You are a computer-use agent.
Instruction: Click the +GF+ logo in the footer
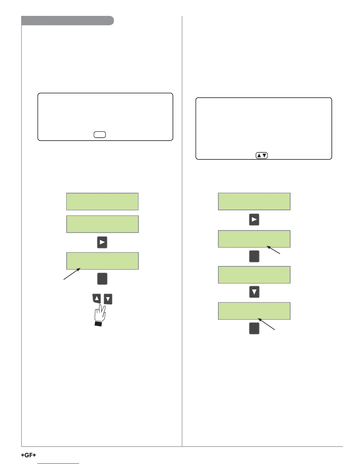[29, 455]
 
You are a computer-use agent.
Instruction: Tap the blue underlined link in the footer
[59, 463]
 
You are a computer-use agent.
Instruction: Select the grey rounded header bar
[67, 21]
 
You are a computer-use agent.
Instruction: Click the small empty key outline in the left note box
[100, 135]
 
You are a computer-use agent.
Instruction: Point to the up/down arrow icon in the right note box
[262, 155]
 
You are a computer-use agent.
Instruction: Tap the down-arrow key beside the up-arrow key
[108, 299]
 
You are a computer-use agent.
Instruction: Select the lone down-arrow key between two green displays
[254, 292]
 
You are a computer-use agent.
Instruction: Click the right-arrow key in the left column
[102, 242]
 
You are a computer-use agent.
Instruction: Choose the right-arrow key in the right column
[254, 219]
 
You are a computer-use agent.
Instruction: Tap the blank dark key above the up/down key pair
[102, 279]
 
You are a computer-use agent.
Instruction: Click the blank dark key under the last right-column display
[254, 328]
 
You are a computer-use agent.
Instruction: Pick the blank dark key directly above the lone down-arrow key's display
[254, 256]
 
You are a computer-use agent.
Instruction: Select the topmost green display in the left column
[102, 202]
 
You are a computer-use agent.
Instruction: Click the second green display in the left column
[102, 224]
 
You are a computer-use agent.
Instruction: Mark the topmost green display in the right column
[254, 202]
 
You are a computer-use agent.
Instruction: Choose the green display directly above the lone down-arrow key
[254, 275]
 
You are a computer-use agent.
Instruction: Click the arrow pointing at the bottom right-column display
[267, 324]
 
